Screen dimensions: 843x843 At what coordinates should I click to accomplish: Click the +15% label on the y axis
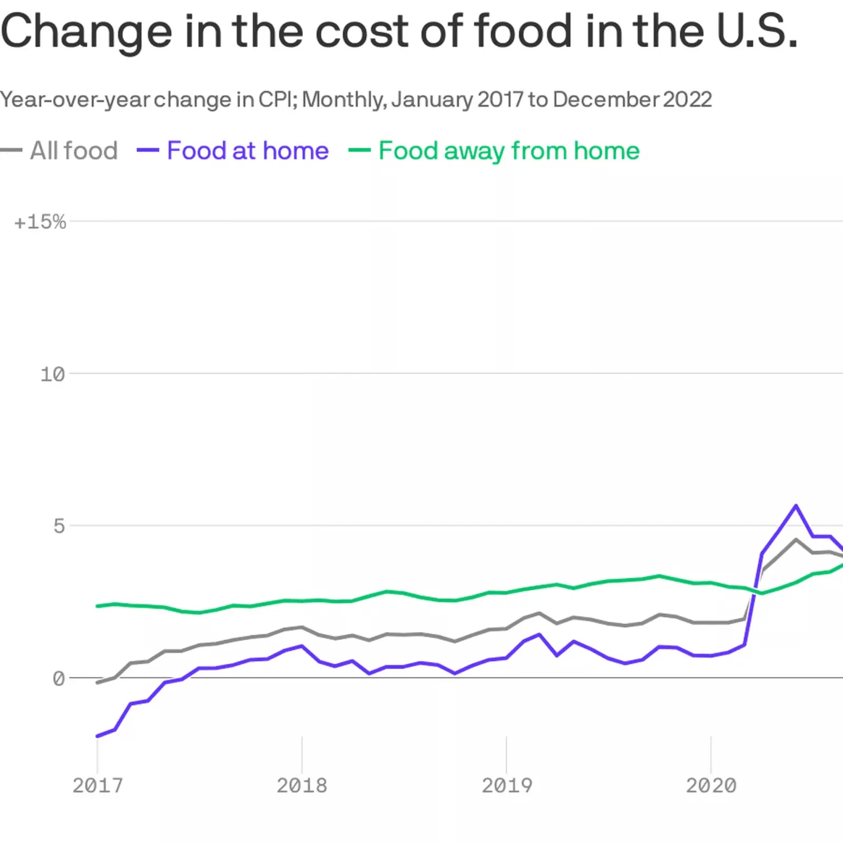click(41, 222)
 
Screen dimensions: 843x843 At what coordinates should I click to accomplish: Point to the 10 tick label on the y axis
click(53, 375)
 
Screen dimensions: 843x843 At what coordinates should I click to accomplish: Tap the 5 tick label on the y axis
click(59, 526)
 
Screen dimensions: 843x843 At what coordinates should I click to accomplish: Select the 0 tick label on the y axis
click(59, 679)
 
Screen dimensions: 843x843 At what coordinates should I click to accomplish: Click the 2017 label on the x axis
click(97, 786)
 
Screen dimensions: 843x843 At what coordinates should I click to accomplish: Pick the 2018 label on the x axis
click(302, 786)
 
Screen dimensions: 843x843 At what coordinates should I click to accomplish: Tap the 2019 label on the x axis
click(507, 786)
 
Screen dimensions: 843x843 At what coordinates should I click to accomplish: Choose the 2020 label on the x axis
click(711, 786)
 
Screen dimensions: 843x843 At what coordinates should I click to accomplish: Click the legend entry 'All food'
click(74, 151)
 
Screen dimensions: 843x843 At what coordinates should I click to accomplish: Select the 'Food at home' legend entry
click(248, 151)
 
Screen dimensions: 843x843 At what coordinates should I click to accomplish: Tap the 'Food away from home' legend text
click(509, 151)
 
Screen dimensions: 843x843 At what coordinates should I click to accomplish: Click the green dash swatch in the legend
click(359, 150)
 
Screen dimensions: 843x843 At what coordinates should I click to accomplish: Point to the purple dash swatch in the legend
click(148, 150)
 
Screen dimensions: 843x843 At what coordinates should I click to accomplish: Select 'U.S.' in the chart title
click(757, 31)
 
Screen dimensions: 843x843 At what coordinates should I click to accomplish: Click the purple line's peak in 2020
click(796, 506)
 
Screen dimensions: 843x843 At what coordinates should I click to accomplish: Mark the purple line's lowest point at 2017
click(97, 736)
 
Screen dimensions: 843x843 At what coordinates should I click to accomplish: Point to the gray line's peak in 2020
click(796, 540)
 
